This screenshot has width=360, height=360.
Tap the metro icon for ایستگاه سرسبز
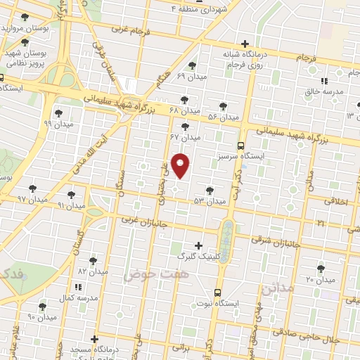(x=241, y=146)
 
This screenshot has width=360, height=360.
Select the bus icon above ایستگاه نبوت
(x=217, y=291)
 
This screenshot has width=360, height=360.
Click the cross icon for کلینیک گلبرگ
(x=198, y=246)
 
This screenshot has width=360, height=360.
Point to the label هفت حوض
(x=148, y=276)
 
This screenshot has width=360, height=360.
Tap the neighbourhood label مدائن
(x=274, y=289)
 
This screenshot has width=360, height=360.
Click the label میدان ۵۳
(x=210, y=201)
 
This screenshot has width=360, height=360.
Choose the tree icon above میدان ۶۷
(x=185, y=127)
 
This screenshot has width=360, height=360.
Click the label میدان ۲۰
(x=321, y=280)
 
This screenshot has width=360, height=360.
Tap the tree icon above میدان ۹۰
(x=42, y=307)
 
